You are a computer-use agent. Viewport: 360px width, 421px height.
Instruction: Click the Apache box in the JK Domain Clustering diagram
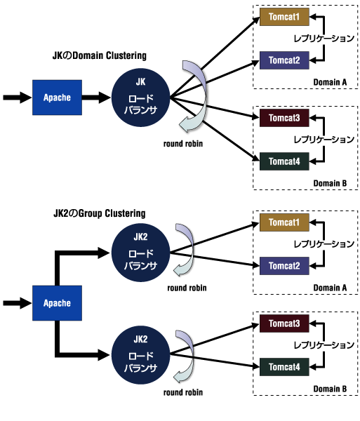click(x=57, y=98)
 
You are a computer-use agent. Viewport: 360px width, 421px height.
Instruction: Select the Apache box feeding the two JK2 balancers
click(x=57, y=303)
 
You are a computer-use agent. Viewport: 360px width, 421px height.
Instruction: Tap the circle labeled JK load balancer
click(x=140, y=98)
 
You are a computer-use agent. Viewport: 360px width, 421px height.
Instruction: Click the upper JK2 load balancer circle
click(x=140, y=253)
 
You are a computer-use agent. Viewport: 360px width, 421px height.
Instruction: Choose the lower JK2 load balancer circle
click(x=140, y=355)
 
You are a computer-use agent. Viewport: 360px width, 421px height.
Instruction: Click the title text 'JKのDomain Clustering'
click(x=100, y=55)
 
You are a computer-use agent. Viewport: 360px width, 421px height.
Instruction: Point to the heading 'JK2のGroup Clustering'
click(x=100, y=213)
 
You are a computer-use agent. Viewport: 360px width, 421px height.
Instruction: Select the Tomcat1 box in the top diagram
click(x=284, y=17)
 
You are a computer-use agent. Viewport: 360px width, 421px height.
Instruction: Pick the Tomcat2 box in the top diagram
click(x=284, y=60)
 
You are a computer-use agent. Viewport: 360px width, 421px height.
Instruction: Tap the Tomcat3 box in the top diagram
click(x=284, y=118)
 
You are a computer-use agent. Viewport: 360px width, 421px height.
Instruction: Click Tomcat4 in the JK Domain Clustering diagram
click(x=284, y=161)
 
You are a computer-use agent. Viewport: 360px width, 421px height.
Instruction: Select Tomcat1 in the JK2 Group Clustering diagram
click(x=284, y=222)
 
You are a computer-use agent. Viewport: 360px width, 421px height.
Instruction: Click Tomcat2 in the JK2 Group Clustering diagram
click(x=284, y=266)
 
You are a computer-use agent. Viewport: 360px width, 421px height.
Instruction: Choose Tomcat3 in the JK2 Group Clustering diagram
click(x=284, y=323)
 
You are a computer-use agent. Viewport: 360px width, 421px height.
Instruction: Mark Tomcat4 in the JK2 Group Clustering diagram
click(x=284, y=367)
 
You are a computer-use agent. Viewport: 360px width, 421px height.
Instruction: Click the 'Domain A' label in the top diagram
click(x=330, y=82)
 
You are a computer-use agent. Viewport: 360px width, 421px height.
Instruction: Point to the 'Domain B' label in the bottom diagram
click(x=330, y=389)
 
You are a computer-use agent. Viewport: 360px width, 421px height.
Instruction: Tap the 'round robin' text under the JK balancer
click(x=183, y=144)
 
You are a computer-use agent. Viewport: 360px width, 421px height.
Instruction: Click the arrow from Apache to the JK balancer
click(x=96, y=98)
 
